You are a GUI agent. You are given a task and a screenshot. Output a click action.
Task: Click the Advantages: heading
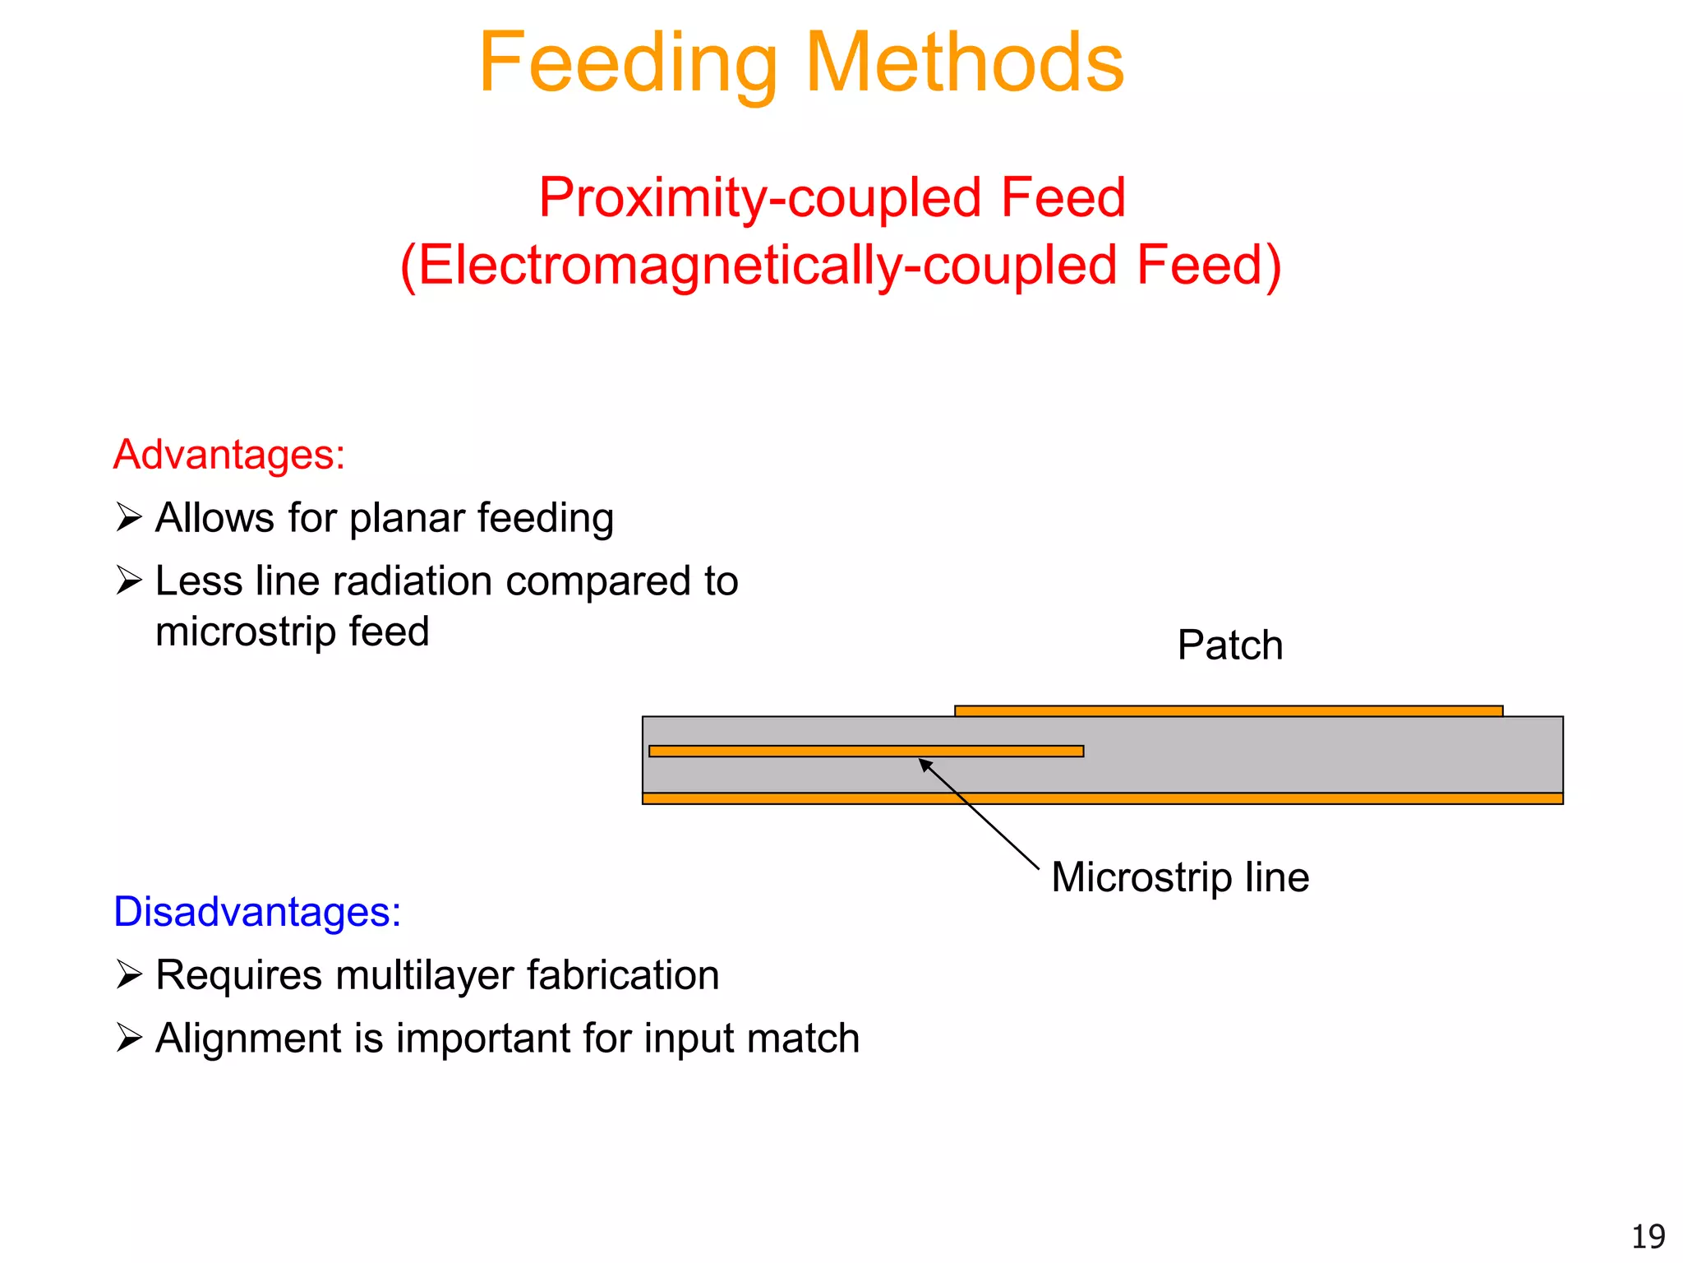click(229, 455)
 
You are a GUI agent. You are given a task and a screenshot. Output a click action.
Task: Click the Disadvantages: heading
click(257, 912)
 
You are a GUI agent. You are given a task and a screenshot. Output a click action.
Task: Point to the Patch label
click(1229, 645)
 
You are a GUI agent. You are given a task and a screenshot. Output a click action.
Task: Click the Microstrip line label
click(1179, 877)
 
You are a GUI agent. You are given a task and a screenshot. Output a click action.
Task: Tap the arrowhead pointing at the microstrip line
click(924, 764)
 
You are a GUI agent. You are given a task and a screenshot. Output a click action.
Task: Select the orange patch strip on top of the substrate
click(1229, 710)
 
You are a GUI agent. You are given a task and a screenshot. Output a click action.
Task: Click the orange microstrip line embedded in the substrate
click(865, 751)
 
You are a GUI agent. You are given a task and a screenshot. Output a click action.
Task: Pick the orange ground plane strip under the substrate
click(1102, 798)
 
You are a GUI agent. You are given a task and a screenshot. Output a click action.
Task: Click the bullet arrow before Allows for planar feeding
click(129, 518)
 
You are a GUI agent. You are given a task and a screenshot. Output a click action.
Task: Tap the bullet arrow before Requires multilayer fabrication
click(129, 975)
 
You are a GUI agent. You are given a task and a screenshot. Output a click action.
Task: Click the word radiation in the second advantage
click(413, 581)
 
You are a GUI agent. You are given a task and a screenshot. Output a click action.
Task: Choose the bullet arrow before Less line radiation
click(129, 581)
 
